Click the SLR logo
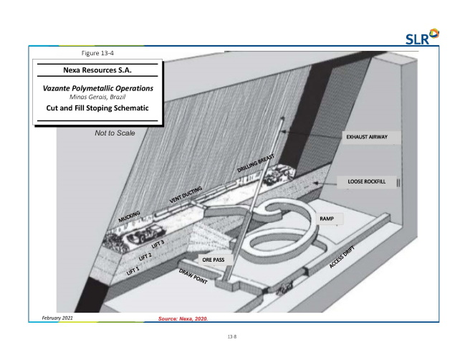(422, 37)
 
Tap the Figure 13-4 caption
(97, 53)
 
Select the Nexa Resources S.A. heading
(97, 70)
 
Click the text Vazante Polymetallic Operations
(98, 88)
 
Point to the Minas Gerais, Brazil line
(97, 97)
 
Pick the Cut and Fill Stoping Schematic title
(97, 108)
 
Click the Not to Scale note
(115, 133)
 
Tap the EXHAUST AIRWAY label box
(371, 137)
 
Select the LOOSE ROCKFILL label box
(367, 181)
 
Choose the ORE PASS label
(214, 260)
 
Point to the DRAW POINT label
(193, 276)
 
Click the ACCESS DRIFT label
(342, 257)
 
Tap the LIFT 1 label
(133, 271)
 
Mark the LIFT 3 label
(158, 244)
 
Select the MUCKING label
(129, 217)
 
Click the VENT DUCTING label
(186, 194)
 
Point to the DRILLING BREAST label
(256, 164)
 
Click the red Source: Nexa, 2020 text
(183, 318)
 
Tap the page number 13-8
(232, 336)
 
